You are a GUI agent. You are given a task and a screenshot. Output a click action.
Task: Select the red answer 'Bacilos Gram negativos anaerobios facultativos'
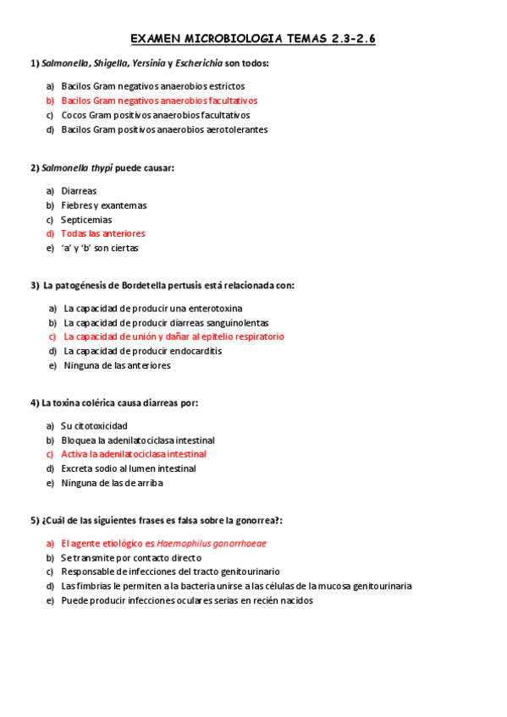(159, 101)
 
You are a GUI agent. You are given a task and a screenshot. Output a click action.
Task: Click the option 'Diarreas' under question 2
(79, 191)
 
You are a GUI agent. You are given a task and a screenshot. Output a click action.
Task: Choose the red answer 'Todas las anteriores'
(102, 233)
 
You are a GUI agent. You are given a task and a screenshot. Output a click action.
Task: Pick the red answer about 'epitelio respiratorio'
(174, 337)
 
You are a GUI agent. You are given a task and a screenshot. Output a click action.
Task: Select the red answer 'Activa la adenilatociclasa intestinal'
(134, 454)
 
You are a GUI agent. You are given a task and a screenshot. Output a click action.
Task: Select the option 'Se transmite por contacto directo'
(131, 558)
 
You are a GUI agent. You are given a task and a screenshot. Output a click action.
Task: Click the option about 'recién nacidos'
(187, 600)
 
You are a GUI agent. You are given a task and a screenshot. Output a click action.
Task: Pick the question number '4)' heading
(35, 403)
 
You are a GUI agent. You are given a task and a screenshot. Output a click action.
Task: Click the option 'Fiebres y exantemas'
(104, 205)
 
